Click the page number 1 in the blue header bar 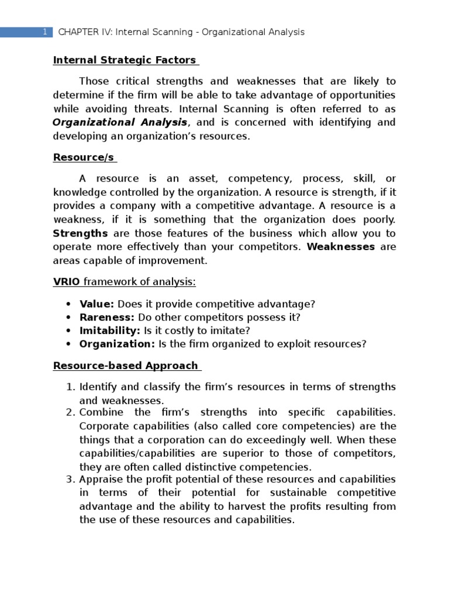tap(44, 32)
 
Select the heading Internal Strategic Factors tap(125, 60)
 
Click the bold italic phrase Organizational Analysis tap(120, 122)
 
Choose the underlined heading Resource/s tap(84, 157)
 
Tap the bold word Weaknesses tap(341, 246)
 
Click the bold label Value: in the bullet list tap(97, 304)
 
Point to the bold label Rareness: tap(107, 317)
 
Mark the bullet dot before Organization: tap(68, 345)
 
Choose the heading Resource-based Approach tap(126, 366)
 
